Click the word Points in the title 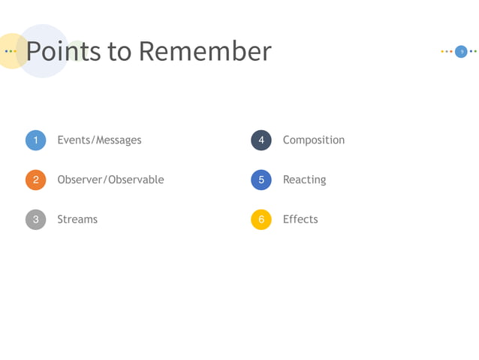tap(63, 51)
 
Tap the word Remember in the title tap(204, 51)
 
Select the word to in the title tap(119, 51)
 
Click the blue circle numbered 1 tap(35, 141)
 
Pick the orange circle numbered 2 tap(35, 180)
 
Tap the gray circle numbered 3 tap(35, 219)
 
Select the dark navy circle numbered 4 tap(261, 141)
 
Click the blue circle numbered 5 tap(261, 180)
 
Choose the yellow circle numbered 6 tap(261, 219)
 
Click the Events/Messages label tap(99, 140)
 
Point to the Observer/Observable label tap(110, 180)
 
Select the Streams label tap(77, 219)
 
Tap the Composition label tap(314, 140)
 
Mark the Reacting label tap(304, 180)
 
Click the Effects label tap(300, 219)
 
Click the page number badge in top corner tap(461, 51)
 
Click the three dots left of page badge tap(447, 51)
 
